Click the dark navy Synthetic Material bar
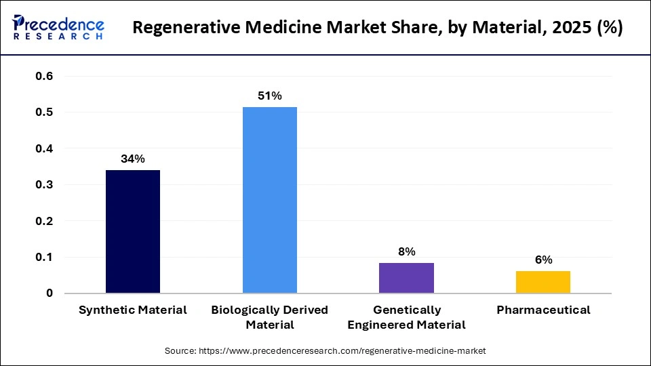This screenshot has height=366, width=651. (x=133, y=232)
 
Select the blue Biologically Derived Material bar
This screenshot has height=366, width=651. (x=269, y=200)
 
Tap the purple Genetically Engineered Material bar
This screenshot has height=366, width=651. (x=406, y=278)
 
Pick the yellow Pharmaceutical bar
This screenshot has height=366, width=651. (x=543, y=282)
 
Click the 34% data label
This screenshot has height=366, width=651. (x=133, y=159)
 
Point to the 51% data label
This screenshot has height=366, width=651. (x=269, y=96)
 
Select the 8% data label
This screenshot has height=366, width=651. (x=406, y=251)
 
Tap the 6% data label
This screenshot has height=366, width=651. (x=543, y=260)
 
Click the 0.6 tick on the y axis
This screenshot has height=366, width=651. (x=44, y=76)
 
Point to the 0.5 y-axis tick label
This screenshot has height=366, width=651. (x=44, y=112)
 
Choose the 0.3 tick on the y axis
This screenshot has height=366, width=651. (x=44, y=184)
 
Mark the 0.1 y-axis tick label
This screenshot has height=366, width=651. (x=44, y=257)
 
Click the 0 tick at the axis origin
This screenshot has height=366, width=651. (x=50, y=293)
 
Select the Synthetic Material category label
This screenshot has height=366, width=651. (x=133, y=310)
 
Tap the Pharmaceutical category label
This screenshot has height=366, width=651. (x=543, y=310)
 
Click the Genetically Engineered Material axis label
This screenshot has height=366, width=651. (x=406, y=317)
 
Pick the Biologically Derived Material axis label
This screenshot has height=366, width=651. (x=269, y=317)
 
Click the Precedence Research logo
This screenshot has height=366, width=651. (x=58, y=28)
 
